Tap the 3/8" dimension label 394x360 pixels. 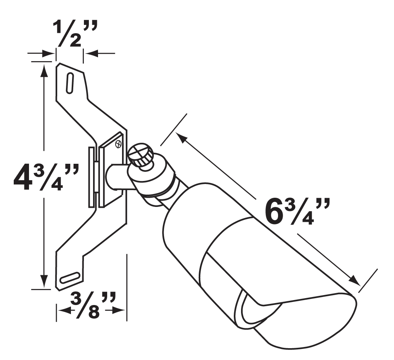point(93,305)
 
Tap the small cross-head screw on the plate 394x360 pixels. point(118,144)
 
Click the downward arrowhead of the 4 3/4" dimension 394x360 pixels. point(44,281)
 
